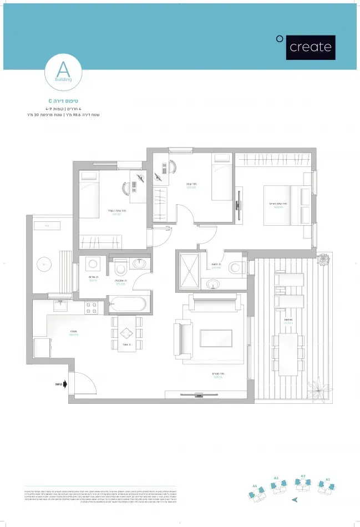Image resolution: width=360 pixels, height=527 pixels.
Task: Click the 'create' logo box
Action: (311, 47)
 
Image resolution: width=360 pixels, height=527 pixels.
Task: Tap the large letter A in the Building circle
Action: (63, 70)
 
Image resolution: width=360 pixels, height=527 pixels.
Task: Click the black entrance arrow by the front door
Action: (64, 383)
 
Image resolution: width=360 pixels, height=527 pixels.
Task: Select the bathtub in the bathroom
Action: (129, 303)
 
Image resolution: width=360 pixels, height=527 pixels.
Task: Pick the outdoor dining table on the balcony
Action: (287, 353)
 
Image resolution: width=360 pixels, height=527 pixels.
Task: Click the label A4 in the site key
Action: (255, 485)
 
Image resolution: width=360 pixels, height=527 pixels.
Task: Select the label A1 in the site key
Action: (328, 478)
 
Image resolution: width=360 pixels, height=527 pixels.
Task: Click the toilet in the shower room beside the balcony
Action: (236, 267)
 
